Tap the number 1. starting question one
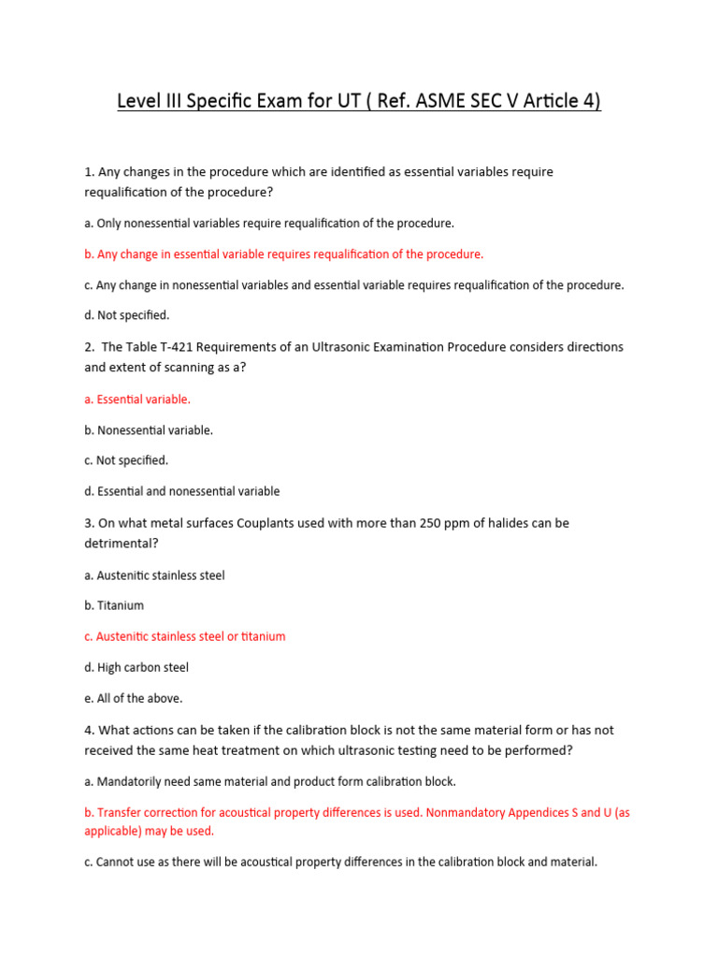[90, 171]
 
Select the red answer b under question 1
[284, 254]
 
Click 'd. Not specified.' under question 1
[127, 315]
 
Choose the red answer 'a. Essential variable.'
[137, 399]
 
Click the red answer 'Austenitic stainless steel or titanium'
[191, 636]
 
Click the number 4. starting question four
[90, 730]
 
